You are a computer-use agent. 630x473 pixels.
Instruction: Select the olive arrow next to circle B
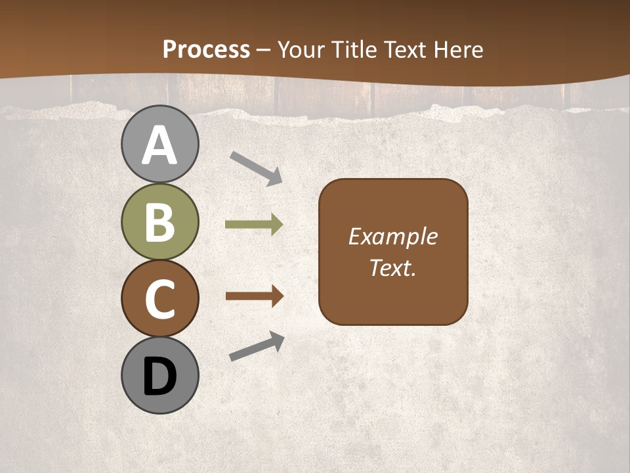pos(254,225)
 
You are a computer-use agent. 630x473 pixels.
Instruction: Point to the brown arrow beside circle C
pos(254,296)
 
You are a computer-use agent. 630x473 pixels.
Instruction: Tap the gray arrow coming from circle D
pos(257,347)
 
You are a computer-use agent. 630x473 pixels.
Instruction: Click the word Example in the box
pos(392,236)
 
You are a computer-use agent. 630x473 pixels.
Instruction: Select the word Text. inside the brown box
pos(392,268)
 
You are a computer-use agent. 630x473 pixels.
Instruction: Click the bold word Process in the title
pos(206,49)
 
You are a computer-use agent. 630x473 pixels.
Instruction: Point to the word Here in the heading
pos(459,49)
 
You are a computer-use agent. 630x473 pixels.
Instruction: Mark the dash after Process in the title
pos(264,50)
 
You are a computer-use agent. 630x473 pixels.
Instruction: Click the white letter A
pos(159,145)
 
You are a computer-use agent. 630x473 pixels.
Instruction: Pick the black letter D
pos(159,376)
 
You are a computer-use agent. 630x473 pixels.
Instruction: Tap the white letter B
pos(159,221)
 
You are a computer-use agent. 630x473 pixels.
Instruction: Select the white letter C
pos(159,298)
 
